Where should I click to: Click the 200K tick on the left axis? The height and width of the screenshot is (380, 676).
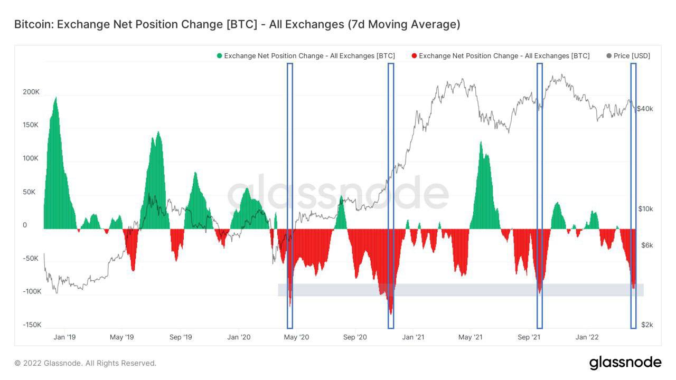pos(31,92)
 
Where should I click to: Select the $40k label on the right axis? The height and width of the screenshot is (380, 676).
pos(645,109)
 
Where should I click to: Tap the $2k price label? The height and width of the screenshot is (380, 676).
pos(647,325)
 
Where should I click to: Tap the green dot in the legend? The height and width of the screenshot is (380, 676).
pos(219,56)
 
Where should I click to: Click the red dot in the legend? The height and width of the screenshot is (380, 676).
pos(414,56)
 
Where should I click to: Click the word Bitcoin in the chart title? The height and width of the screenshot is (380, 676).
pos(32,25)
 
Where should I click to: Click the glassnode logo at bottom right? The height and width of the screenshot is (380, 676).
pos(625,363)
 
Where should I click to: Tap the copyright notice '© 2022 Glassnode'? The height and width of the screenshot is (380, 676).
pos(85,363)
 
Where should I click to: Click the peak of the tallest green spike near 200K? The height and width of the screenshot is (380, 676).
pos(56,97)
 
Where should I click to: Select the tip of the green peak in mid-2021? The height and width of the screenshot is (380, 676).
pos(481,142)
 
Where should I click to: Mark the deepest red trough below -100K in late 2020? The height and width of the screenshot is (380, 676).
pos(391,314)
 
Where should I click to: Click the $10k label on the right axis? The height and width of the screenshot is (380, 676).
pos(645,209)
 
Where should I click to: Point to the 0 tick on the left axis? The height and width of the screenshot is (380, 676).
pos(24,225)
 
